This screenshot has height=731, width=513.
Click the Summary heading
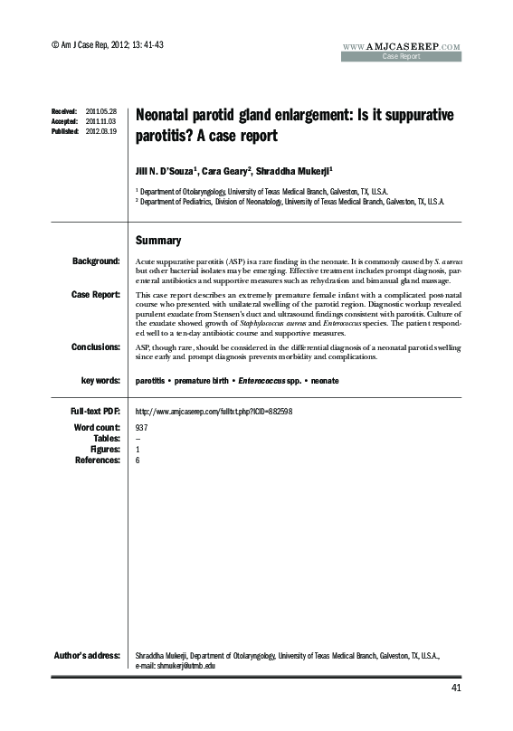point(158,241)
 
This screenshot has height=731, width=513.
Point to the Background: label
point(96,261)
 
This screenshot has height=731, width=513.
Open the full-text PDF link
point(213,412)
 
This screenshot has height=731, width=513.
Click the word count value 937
point(141,426)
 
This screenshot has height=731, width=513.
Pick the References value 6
point(137,460)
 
